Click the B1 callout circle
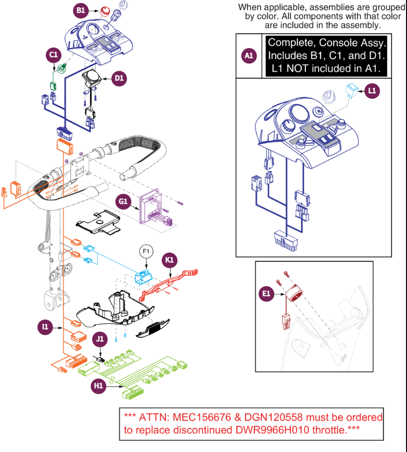(x=81, y=10)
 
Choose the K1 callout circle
(x=169, y=260)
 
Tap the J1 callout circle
(x=100, y=338)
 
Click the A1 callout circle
(x=248, y=56)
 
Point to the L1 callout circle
(x=372, y=90)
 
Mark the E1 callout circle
(x=267, y=294)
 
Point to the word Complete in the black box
(x=293, y=42)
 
